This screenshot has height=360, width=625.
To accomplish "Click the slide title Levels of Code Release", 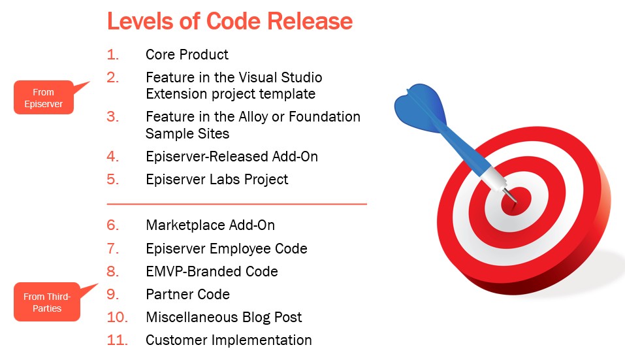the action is click(x=230, y=21).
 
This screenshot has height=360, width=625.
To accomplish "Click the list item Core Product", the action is click(x=187, y=55).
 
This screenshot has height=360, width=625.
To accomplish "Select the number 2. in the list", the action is click(x=113, y=77).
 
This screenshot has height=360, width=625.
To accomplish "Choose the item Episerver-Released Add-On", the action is click(x=232, y=157).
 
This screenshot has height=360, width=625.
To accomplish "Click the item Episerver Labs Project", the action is click(x=217, y=180).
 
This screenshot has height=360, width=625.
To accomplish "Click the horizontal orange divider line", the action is click(x=237, y=204).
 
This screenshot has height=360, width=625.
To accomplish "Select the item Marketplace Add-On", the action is click(x=210, y=225).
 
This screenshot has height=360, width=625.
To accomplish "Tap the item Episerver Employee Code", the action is click(x=227, y=249).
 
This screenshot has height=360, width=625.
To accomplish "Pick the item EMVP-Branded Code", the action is click(x=212, y=272).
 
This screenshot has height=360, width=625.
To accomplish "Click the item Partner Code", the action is click(x=187, y=294).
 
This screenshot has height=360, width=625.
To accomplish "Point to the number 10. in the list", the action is click(x=117, y=318).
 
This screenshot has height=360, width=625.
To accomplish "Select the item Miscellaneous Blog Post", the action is click(x=223, y=318).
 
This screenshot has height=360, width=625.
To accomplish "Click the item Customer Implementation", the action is click(x=229, y=340).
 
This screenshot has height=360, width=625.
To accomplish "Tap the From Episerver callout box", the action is click(x=44, y=97).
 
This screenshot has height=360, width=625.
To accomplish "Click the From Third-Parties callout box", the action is click(x=47, y=303).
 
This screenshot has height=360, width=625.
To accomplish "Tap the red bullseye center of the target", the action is click(x=516, y=201).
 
